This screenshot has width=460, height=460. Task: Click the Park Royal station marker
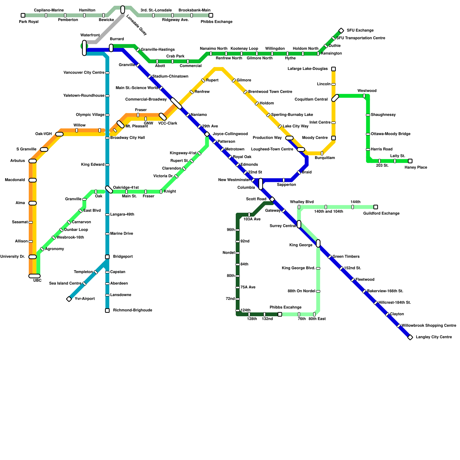point(23,15)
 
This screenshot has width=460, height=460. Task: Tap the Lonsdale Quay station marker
point(123,9)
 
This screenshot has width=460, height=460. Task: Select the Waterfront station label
point(90,35)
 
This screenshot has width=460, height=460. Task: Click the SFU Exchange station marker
point(341,31)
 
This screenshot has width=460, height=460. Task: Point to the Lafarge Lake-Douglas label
point(308,69)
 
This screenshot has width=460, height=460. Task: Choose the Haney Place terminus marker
point(410,161)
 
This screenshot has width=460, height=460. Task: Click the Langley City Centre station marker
point(410,337)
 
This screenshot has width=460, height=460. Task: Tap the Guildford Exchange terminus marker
point(375,207)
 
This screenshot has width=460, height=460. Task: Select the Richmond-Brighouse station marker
point(107,310)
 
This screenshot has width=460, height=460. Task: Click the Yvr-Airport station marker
point(69,299)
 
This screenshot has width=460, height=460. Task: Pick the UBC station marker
point(34,276)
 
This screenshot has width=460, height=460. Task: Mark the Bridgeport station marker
point(107,257)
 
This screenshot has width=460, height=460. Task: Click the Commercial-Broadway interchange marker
point(176,103)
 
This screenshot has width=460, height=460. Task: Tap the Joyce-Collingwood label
point(230,134)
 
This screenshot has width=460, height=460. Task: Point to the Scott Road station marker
point(272,199)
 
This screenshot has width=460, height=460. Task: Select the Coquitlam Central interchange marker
point(335,98)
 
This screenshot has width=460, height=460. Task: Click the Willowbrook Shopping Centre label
point(429,326)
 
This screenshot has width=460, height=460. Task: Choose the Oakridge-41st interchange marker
point(109,189)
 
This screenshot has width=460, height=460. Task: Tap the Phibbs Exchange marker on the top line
point(211,15)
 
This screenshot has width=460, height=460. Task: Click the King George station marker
point(318,244)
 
